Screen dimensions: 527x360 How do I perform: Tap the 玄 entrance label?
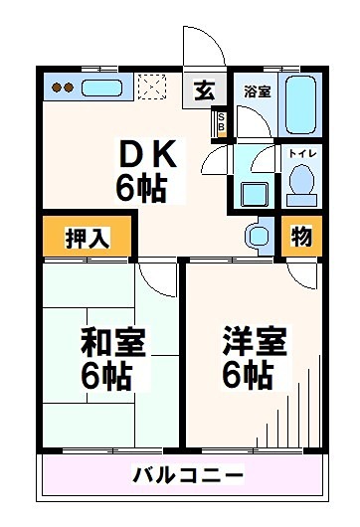pos(203,90)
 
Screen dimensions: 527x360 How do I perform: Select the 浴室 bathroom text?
pos(257,90)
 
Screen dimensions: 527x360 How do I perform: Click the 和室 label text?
pos(113,343)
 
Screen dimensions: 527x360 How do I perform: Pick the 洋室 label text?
pos(255,343)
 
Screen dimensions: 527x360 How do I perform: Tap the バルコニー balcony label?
pos(188,472)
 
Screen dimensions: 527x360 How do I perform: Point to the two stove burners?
pos(63,88)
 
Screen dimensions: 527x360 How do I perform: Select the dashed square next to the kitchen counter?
pos(150,88)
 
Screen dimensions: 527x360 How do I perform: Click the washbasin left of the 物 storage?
pos(256,236)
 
